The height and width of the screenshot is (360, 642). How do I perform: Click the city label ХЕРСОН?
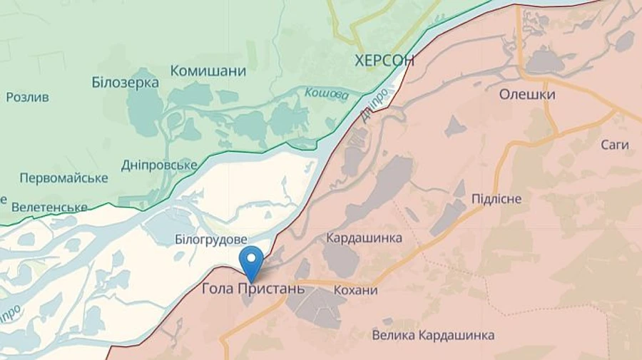coord(384,61)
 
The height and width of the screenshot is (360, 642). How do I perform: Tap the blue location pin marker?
coord(251,262)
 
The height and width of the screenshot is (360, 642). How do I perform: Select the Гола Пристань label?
coord(253,289)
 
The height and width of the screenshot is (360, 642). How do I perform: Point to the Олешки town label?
coord(527,94)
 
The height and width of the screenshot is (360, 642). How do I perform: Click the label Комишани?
coord(208,71)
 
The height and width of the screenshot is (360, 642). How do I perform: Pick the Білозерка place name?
coord(126,82)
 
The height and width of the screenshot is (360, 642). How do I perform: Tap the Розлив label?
coord(27,97)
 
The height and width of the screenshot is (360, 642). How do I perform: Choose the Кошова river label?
coord(327,93)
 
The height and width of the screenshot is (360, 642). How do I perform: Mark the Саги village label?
coord(614,145)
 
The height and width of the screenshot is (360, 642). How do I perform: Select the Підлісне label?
coord(496,198)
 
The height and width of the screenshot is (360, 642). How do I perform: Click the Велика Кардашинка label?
coord(434,335)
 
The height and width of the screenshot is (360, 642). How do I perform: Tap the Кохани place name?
coord(354,290)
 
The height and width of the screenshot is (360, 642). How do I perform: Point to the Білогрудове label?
coord(211,239)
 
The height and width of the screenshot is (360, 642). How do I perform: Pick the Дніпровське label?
coord(159,165)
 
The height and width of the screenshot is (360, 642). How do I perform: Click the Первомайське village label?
coord(64,178)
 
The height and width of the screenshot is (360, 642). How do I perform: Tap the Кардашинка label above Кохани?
coord(364,237)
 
